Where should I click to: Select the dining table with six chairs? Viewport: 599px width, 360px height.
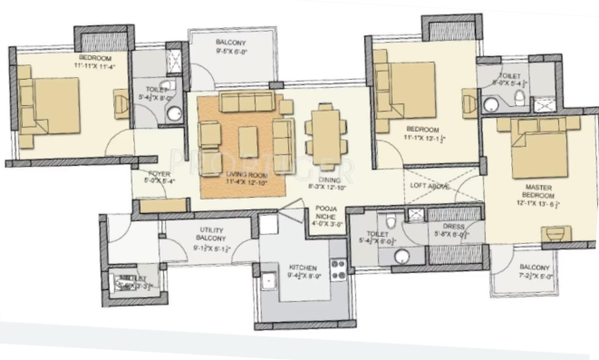click(324, 132)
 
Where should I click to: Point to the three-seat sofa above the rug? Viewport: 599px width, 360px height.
click(247, 100)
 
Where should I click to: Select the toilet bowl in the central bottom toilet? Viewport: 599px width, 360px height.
click(388, 220)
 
